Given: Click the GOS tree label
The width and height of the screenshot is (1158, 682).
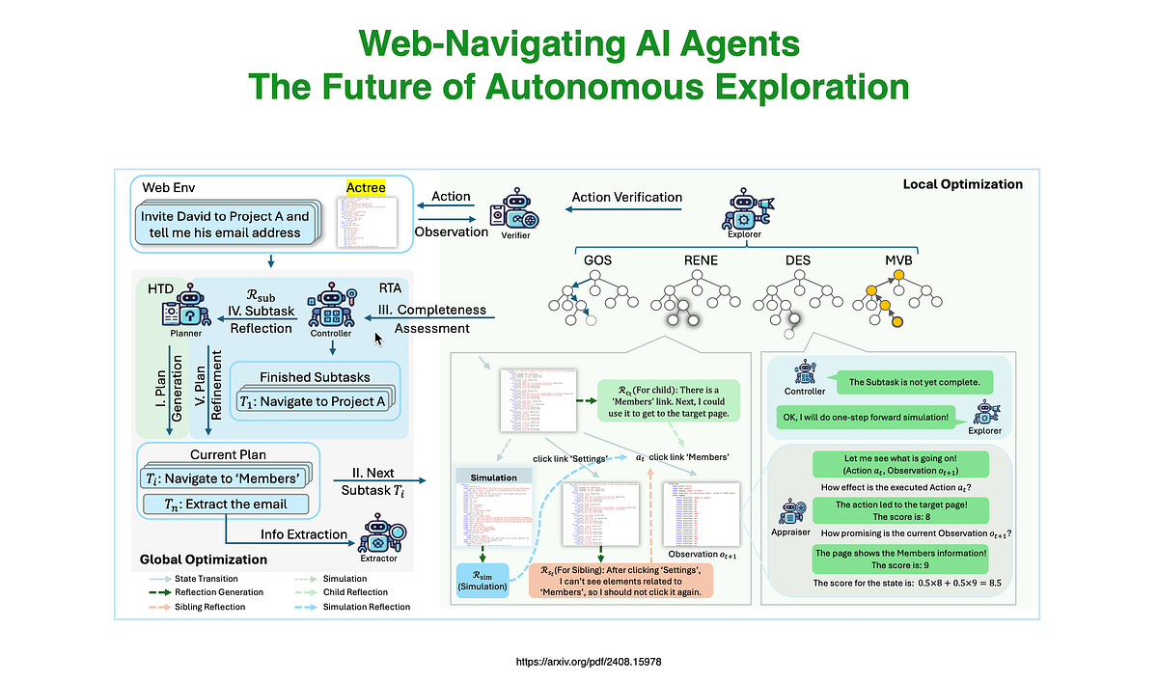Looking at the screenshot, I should click(x=597, y=260).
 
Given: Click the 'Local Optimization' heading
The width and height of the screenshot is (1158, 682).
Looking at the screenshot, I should click(x=962, y=184).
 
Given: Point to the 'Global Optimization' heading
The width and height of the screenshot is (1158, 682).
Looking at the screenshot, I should click(x=203, y=559).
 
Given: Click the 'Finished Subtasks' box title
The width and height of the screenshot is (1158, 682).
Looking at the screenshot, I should click(x=315, y=376).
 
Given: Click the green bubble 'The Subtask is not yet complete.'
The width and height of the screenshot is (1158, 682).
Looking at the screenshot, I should click(x=914, y=383).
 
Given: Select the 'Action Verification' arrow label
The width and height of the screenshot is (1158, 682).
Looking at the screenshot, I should click(x=626, y=197).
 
